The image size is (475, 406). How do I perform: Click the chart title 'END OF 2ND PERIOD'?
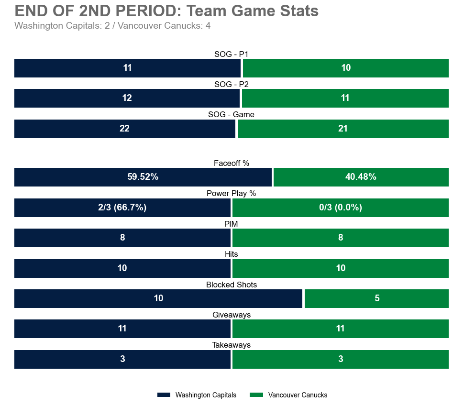166,11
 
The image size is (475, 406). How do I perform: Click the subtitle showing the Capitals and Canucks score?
112,26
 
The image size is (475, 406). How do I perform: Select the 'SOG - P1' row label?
231,55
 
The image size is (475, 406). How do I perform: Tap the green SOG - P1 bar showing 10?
345,68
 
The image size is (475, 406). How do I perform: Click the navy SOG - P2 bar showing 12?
127,98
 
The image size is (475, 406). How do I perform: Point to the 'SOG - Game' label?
231,115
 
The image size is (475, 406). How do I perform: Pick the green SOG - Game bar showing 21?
343,129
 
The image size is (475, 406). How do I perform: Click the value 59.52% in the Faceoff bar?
143,177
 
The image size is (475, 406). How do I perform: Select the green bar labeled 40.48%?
361,177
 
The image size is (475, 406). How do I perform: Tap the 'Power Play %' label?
231,194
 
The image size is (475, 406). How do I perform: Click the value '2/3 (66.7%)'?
122,208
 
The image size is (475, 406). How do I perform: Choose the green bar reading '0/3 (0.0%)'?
340,208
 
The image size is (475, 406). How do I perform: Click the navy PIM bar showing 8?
122,238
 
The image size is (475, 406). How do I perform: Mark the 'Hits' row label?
231,254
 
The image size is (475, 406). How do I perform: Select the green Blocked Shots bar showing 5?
376,298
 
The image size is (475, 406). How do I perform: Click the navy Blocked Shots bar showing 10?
158,298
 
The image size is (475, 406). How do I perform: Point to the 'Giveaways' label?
231,315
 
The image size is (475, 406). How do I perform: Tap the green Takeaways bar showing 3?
340,359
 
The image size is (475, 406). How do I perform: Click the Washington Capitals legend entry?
197,395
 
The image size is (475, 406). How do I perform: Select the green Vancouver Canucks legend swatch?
257,395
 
